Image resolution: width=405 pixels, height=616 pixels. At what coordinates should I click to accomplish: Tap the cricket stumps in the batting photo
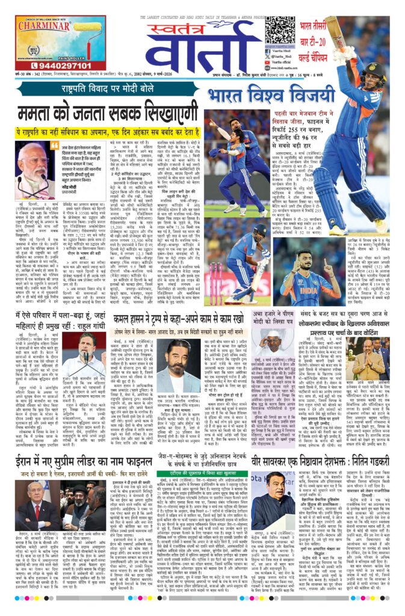[x=216, y=282]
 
